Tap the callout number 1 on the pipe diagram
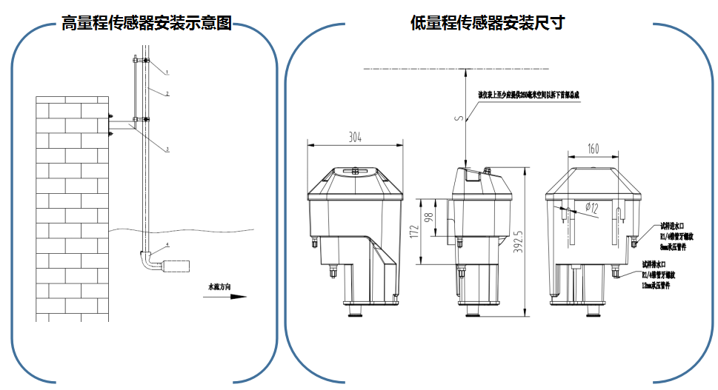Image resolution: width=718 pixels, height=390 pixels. [x=168, y=73]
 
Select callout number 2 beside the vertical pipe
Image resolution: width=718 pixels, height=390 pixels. [x=168, y=94]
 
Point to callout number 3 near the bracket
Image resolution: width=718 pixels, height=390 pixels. [x=167, y=149]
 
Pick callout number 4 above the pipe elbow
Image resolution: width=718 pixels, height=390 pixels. [x=167, y=244]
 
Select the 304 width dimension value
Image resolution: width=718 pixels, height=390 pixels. [x=355, y=136]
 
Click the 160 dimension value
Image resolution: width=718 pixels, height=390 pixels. [x=593, y=149]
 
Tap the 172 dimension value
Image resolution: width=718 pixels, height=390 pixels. [x=416, y=231]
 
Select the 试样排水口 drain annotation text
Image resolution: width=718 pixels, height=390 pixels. [x=656, y=263]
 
